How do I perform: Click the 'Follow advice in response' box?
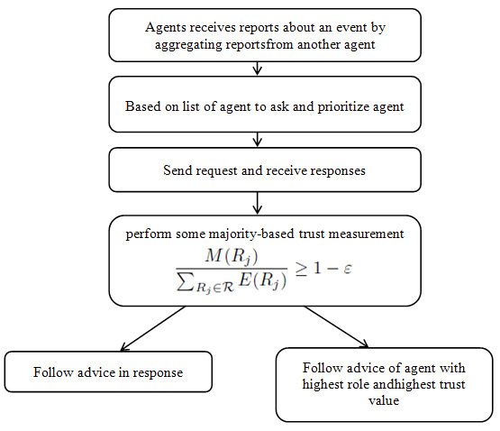pyautogui.click(x=109, y=371)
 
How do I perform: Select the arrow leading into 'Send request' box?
pyautogui.click(x=258, y=140)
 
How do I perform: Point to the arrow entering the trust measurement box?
pyautogui.click(x=258, y=204)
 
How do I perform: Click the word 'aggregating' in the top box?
pyautogui.click(x=184, y=43)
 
